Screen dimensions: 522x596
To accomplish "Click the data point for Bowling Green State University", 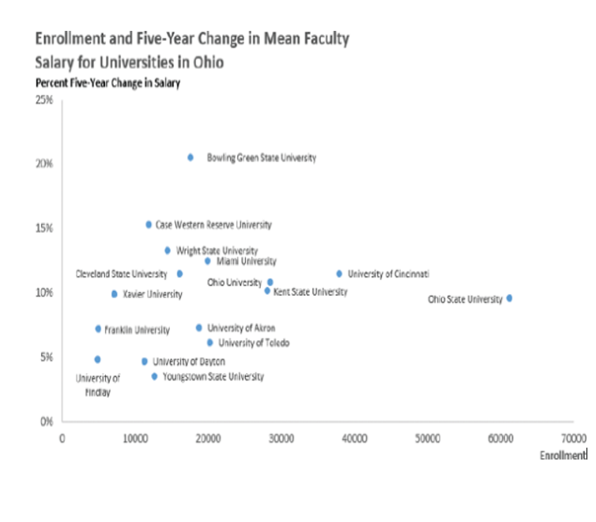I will [190, 157].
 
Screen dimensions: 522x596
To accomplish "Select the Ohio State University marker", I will [509, 298].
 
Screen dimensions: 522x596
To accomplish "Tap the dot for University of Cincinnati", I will [339, 274].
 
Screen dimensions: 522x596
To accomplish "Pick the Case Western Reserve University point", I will [149, 225].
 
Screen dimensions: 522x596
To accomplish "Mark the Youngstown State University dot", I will [154, 376].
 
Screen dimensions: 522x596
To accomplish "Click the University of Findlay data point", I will [97, 359].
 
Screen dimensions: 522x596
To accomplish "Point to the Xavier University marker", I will [114, 294].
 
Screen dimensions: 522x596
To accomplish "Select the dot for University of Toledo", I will [209, 342].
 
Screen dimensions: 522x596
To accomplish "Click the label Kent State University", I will [310, 292].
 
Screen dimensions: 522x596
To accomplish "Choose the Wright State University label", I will [217, 251].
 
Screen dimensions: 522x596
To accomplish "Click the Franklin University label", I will [137, 329].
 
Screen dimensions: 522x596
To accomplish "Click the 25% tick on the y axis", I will [44, 100].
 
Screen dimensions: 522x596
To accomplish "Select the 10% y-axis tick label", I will [44, 293].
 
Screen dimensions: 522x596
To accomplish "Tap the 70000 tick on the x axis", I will [574, 437].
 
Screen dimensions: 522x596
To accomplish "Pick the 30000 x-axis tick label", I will [281, 437].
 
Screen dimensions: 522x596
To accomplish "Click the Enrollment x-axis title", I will [563, 456].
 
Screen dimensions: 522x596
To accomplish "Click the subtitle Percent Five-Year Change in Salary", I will [108, 83].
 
